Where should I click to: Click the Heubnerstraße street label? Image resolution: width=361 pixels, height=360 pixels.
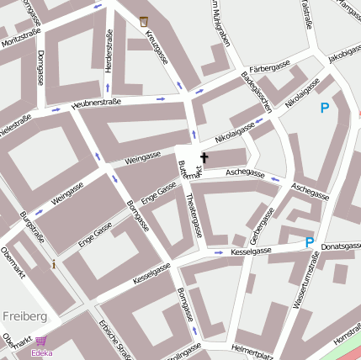point(97,103)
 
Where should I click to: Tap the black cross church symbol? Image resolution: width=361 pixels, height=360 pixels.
point(204,157)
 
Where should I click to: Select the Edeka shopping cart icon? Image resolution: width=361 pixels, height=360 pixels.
point(40,341)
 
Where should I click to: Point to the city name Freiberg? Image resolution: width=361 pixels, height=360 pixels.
point(24,315)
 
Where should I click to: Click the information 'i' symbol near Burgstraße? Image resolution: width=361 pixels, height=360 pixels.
point(55,264)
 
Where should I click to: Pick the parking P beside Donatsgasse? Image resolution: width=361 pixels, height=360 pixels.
point(310,242)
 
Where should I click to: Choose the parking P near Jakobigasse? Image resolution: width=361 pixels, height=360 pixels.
point(325,108)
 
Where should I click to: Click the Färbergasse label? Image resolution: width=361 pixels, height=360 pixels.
point(270,66)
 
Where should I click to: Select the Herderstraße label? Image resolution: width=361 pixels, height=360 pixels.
point(108,51)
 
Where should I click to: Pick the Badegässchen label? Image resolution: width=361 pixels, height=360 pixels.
point(257,93)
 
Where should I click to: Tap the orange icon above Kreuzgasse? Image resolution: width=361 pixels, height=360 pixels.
point(144,20)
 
